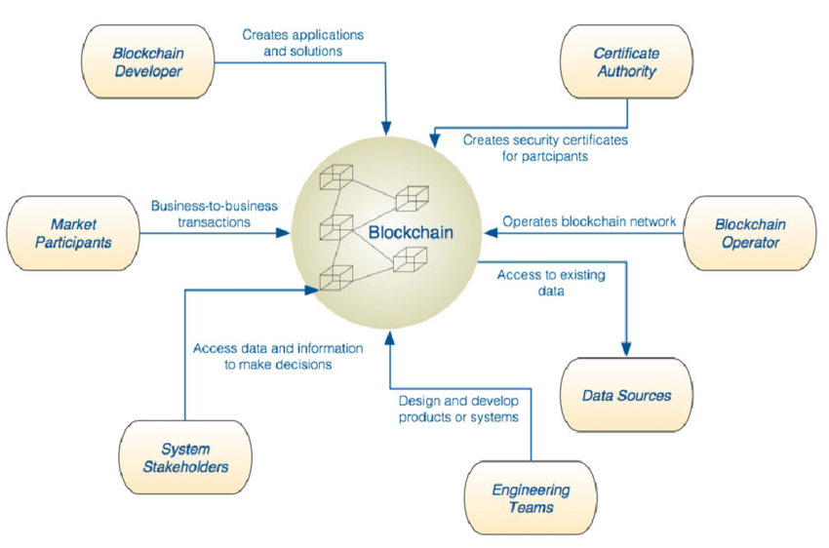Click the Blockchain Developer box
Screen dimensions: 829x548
point(148,61)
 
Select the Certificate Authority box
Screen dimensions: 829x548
point(626,61)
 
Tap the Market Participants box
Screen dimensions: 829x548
point(73,233)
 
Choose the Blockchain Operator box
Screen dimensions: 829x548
point(750,233)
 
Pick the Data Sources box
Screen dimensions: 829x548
point(626,395)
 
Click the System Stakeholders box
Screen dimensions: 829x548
point(185,457)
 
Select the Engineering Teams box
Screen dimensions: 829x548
point(531,498)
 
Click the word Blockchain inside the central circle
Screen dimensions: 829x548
point(411,232)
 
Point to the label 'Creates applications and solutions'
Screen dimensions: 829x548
point(303,43)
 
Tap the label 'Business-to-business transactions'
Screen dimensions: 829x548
point(215,214)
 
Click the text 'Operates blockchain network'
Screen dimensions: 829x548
point(589,221)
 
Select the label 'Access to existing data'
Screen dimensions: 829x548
point(551,283)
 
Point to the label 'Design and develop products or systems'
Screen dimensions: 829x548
point(458,409)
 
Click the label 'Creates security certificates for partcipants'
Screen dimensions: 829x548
point(545,148)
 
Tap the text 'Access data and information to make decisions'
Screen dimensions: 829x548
point(278,356)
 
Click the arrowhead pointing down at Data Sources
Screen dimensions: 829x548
point(626,349)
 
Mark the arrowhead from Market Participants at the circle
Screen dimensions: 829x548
point(284,233)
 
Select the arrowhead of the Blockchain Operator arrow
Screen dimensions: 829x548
point(492,232)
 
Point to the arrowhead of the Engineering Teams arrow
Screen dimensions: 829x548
point(390,337)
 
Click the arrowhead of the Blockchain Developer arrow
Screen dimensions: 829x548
point(386,129)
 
